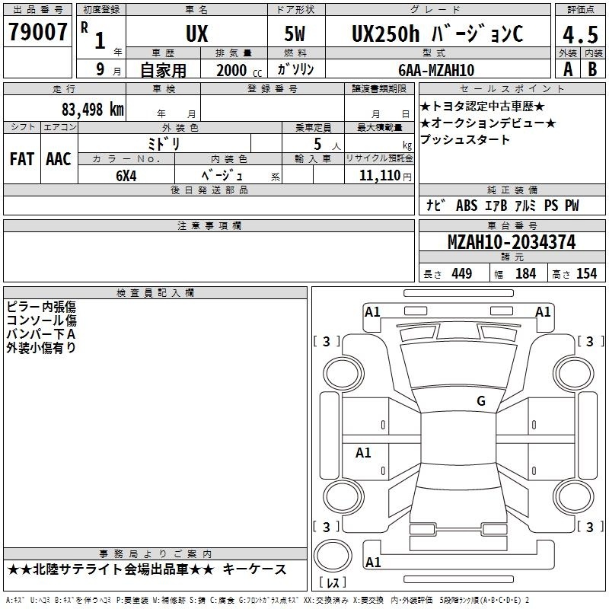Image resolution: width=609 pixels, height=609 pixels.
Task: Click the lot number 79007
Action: [x=37, y=32]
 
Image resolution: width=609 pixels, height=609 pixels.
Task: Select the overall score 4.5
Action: [x=580, y=35]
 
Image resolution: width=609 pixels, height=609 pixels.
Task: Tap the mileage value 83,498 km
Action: [x=93, y=110]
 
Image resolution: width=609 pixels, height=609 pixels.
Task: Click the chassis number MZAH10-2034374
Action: [x=512, y=242]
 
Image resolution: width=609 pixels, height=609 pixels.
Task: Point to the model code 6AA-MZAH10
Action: [x=436, y=70]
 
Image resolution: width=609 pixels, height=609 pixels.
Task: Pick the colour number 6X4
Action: [x=126, y=176]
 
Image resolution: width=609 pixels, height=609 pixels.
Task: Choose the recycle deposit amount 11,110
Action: [x=380, y=176]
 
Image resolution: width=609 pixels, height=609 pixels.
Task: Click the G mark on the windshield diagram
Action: [x=481, y=400]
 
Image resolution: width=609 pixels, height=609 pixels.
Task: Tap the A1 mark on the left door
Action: [x=363, y=452]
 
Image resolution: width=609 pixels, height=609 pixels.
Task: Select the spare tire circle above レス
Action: [x=333, y=555]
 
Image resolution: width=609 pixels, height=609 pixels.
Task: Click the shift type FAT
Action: [x=22, y=159]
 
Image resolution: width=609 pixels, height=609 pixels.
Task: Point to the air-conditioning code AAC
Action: [x=59, y=159]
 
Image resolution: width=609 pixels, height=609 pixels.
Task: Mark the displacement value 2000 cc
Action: [x=239, y=70]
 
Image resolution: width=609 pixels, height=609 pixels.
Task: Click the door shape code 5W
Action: [x=295, y=33]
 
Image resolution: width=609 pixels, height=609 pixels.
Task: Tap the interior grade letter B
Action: [x=592, y=69]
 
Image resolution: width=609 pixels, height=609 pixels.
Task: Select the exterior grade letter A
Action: [x=568, y=69]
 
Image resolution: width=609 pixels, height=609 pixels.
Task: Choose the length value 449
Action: [x=462, y=274]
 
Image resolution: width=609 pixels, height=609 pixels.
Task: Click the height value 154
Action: [x=586, y=274]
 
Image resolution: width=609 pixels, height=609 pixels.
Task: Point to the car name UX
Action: [x=197, y=33]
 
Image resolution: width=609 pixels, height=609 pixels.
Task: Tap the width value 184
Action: [x=525, y=274]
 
